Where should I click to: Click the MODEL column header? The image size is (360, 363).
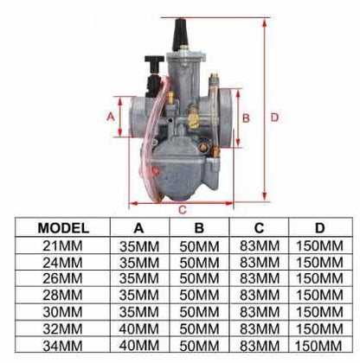[x=63, y=229]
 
